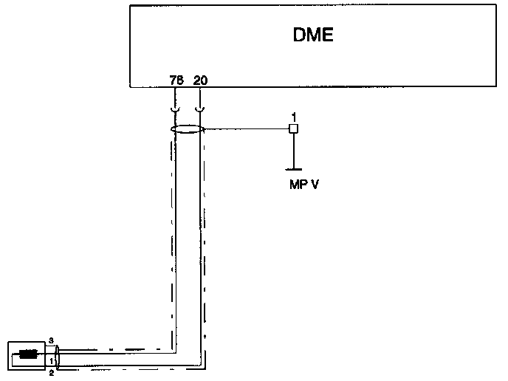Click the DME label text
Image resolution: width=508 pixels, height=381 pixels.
coord(312,34)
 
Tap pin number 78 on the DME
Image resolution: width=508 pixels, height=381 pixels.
coord(176,80)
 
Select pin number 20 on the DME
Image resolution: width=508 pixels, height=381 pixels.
coord(200,80)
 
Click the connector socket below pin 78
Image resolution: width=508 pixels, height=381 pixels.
coord(175,109)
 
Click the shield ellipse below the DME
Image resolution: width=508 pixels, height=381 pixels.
coord(187,129)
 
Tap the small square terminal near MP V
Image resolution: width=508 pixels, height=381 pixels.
coord(293,129)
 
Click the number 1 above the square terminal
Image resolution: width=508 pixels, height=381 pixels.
coord(293,117)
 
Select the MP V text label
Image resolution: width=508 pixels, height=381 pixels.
coord(304,184)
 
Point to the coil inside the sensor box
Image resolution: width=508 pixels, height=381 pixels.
coord(29,354)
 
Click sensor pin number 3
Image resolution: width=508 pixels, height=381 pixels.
coord(51,340)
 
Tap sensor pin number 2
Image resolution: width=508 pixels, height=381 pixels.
coord(51,373)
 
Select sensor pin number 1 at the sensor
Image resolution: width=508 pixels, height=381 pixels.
coord(51,360)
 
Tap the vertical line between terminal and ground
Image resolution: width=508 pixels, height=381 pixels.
coord(294,151)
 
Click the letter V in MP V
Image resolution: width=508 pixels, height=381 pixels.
coord(315,184)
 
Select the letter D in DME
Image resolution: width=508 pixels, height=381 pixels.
coord(298,34)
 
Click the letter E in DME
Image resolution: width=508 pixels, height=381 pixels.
coord(328,34)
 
